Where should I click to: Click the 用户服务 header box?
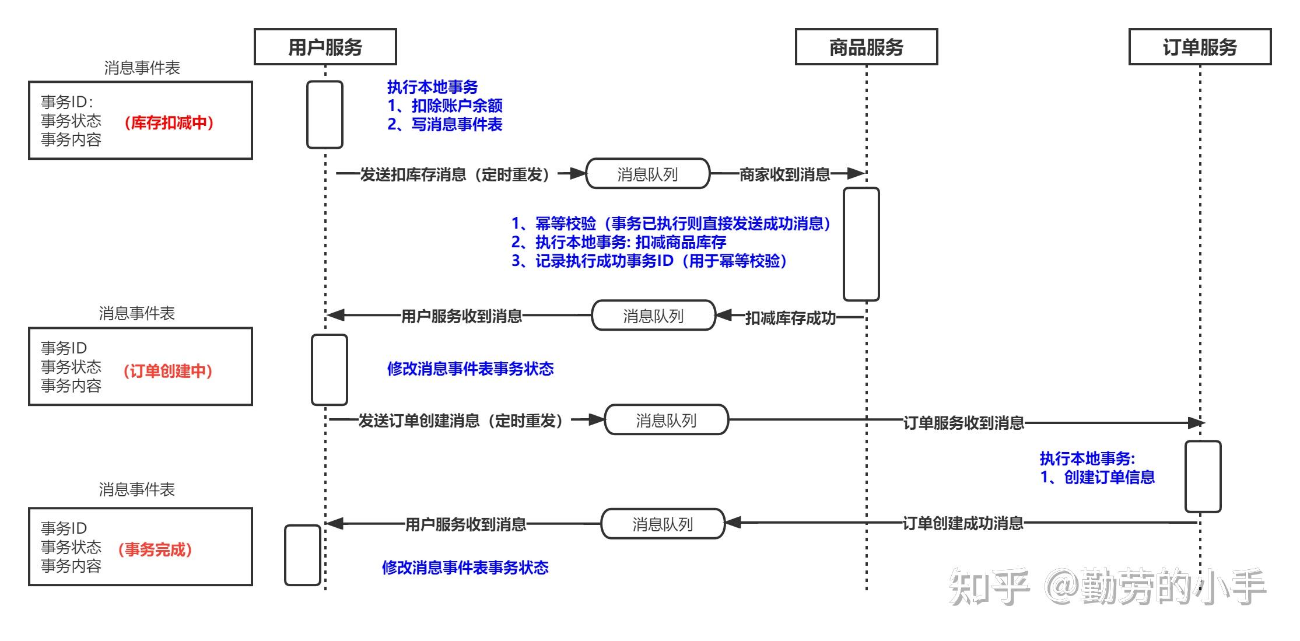(x=325, y=47)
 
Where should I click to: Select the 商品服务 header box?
(x=866, y=47)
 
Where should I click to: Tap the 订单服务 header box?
(x=1200, y=47)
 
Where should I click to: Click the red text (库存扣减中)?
(x=169, y=122)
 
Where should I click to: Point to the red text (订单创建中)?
(x=168, y=371)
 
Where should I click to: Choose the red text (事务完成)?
(x=155, y=549)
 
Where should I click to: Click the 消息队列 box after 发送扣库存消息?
(x=647, y=174)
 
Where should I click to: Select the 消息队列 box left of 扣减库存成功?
(x=653, y=316)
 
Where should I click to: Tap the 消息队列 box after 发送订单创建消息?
(x=666, y=420)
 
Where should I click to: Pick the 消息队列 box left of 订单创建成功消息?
(x=663, y=524)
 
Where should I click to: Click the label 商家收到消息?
(x=784, y=174)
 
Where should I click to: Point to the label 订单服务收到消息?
(x=963, y=423)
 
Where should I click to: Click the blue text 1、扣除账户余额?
(x=445, y=106)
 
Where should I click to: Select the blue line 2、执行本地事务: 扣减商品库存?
(x=618, y=242)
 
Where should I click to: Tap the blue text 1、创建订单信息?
(x=1097, y=477)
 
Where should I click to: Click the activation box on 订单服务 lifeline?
(x=1203, y=477)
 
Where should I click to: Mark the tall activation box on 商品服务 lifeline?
(x=861, y=244)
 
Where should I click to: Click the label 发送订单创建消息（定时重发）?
(x=461, y=421)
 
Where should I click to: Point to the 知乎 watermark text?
(x=989, y=586)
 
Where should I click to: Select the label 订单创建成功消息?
(x=963, y=523)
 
